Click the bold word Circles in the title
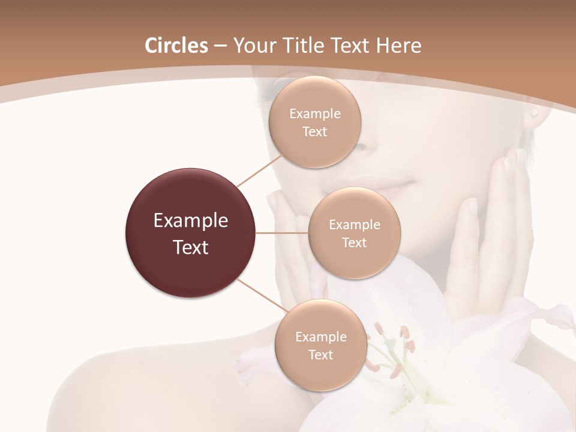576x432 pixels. point(176,46)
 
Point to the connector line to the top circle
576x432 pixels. point(259,171)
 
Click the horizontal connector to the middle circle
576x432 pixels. point(282,233)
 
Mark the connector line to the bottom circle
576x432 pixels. point(262,296)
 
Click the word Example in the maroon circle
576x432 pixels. point(191,221)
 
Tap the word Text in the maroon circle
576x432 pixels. point(191,247)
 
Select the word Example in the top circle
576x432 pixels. point(315,114)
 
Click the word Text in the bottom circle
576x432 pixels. point(320,355)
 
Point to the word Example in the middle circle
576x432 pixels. point(355,225)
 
